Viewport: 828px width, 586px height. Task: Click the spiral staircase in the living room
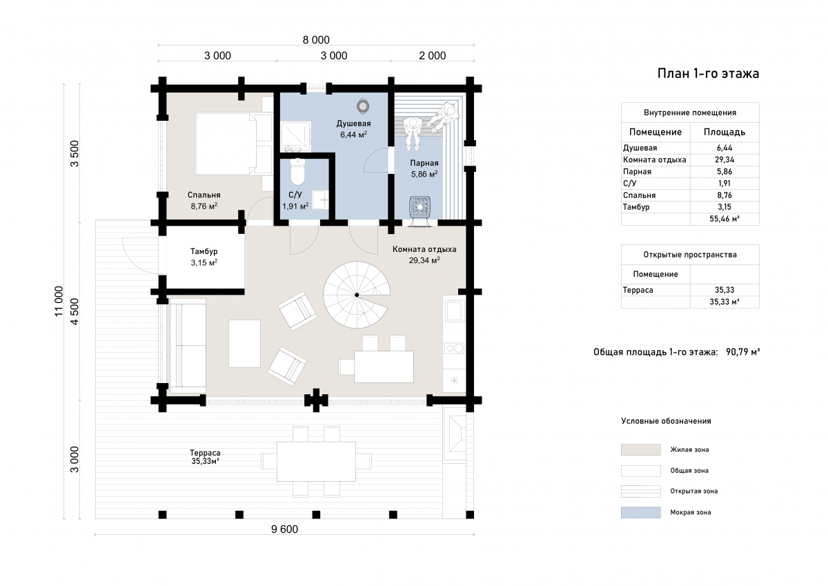pos(357,295)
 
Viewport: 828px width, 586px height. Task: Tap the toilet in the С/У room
pos(297,172)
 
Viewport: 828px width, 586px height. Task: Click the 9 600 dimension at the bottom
pos(284,529)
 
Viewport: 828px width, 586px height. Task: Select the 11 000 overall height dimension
pos(59,301)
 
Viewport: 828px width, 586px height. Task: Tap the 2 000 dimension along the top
pos(432,56)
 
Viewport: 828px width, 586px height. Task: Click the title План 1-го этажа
pos(708,74)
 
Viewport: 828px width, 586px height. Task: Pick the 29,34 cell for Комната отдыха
pos(724,159)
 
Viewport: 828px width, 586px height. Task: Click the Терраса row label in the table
pos(638,290)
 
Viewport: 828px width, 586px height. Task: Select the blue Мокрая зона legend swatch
pos(640,512)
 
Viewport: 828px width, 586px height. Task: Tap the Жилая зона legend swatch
pos(640,449)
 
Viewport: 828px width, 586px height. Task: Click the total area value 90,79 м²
pos(742,351)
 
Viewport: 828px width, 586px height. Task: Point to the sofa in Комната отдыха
pos(188,346)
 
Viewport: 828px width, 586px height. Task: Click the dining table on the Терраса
pos(317,461)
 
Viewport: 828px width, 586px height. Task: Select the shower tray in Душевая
pos(296,137)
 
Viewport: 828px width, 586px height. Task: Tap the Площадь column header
pos(724,132)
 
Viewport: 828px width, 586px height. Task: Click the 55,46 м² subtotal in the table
pos(724,219)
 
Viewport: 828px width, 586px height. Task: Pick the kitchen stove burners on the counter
pos(454,349)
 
